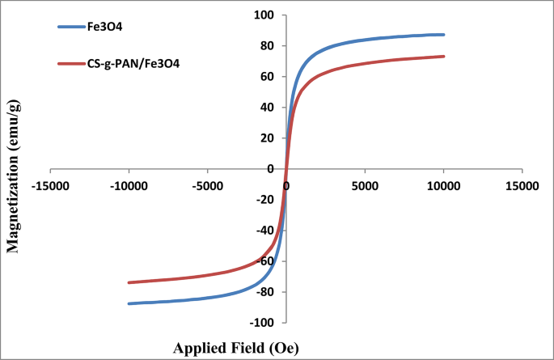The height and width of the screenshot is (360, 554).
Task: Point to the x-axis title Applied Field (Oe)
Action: pos(235,348)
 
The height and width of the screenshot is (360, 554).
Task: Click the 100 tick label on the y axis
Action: pos(264,15)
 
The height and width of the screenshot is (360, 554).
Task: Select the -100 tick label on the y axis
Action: pos(262,323)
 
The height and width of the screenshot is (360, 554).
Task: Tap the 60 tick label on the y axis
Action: pos(266,77)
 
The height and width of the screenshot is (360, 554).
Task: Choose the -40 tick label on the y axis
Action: pos(264,231)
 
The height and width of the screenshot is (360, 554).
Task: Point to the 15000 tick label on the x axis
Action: pos(521,185)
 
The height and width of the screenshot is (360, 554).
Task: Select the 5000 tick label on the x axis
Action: pos(365,185)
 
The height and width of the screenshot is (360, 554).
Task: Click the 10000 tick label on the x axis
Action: pos(442,185)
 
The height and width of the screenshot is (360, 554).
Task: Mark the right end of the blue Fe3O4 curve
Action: pos(443,35)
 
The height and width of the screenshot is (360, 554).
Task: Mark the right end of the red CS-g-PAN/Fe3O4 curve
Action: pos(443,57)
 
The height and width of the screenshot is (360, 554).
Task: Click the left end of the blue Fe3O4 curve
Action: pos(129,303)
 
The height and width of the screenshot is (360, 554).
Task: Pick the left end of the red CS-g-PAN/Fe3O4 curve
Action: pos(129,282)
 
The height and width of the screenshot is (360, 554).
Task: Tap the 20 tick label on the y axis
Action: pos(266,138)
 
